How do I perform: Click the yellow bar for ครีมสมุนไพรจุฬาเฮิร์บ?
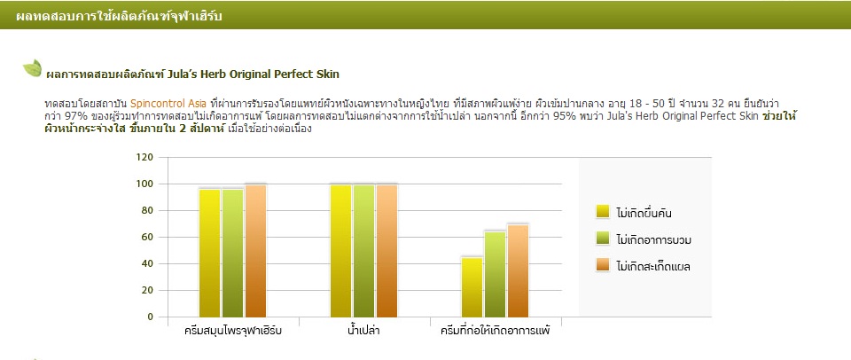point(209,253)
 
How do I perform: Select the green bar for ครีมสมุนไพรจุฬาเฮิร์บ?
point(233,253)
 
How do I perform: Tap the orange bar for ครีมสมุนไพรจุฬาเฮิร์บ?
point(255,251)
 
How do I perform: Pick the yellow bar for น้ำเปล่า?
point(340,251)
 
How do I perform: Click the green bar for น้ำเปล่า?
point(364,251)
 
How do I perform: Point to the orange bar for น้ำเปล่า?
point(387,251)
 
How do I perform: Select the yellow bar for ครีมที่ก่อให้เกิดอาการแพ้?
point(472,287)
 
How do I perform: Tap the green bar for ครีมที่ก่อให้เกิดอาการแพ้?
point(496,274)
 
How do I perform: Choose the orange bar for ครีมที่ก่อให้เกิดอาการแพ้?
point(519,271)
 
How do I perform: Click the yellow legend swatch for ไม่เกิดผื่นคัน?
point(603,212)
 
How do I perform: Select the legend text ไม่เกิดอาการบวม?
point(654,239)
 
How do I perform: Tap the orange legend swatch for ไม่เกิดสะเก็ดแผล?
point(603,265)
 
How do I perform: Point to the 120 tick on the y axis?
point(144,158)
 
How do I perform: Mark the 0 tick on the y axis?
point(151,317)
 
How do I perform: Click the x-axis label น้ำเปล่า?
point(363,330)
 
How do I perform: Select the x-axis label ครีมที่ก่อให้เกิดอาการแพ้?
point(496,330)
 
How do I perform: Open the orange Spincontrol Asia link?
point(165,103)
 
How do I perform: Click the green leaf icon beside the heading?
point(32,68)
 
